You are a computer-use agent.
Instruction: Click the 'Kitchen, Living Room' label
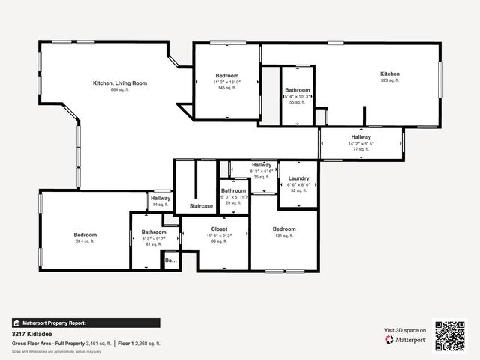(x=119, y=82)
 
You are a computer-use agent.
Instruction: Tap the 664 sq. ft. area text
(x=119, y=89)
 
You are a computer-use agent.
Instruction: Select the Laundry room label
(x=299, y=178)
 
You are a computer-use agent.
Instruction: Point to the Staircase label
(x=201, y=206)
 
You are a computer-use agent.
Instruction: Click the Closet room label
(x=219, y=229)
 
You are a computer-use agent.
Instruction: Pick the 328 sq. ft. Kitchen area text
(x=390, y=80)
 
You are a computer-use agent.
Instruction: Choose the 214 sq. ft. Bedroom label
(x=85, y=235)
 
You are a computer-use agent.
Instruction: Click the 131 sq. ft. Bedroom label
(x=284, y=229)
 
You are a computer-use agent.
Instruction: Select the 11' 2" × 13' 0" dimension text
(x=227, y=82)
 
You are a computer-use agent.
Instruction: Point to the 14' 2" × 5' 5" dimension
(x=361, y=143)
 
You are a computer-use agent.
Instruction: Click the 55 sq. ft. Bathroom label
(x=297, y=90)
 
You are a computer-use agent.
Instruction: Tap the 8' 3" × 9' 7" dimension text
(x=154, y=238)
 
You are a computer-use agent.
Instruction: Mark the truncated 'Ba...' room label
(x=171, y=260)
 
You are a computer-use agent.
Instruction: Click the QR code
(x=450, y=335)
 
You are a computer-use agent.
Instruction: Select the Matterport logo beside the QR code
(x=406, y=339)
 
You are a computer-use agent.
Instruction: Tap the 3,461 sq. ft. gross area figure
(x=97, y=343)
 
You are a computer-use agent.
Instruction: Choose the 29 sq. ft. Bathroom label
(x=233, y=190)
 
